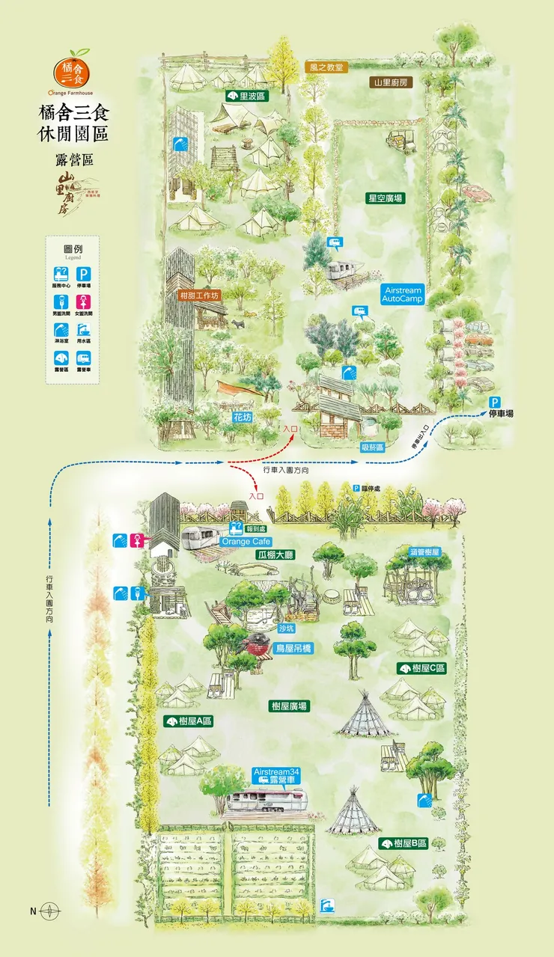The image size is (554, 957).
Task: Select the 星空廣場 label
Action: coord(385,198)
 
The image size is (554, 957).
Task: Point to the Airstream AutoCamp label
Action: coord(402,294)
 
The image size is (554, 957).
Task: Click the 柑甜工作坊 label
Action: coord(200,295)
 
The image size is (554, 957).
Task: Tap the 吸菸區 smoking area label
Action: coord(371,447)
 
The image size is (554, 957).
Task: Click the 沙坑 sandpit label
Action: coord(287,629)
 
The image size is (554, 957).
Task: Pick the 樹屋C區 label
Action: coord(421,667)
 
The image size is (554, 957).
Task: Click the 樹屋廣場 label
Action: coord(290,706)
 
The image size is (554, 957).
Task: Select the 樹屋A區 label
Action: coord(189,721)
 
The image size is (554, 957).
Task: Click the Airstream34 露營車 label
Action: coord(277,775)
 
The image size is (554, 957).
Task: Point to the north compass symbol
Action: coord(49,911)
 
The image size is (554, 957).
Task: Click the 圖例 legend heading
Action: coord(72,248)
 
